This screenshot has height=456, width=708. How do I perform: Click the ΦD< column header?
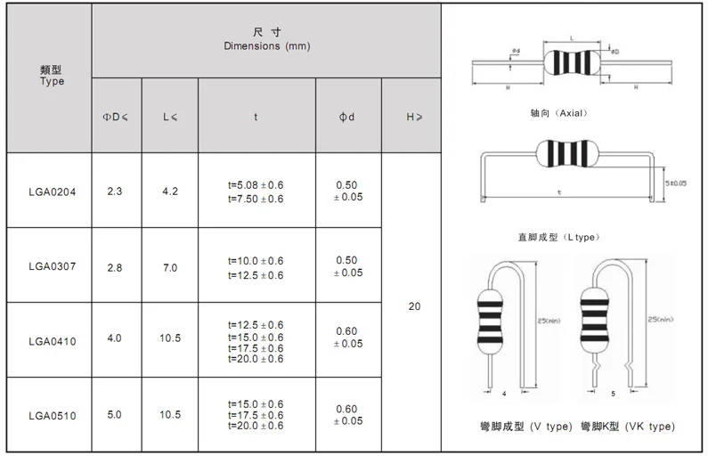(117, 117)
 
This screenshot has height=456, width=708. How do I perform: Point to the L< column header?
(169, 117)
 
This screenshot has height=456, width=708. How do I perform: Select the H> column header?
(414, 117)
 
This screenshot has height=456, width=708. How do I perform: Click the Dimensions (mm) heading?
(266, 45)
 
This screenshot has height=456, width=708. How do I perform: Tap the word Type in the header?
(53, 81)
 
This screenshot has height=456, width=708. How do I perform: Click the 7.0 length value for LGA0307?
(169, 267)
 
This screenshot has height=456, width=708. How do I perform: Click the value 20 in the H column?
(414, 306)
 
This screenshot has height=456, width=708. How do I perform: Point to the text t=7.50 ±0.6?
(256, 199)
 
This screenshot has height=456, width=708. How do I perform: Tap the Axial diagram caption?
(558, 115)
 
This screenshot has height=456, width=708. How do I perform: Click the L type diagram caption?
(558, 237)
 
